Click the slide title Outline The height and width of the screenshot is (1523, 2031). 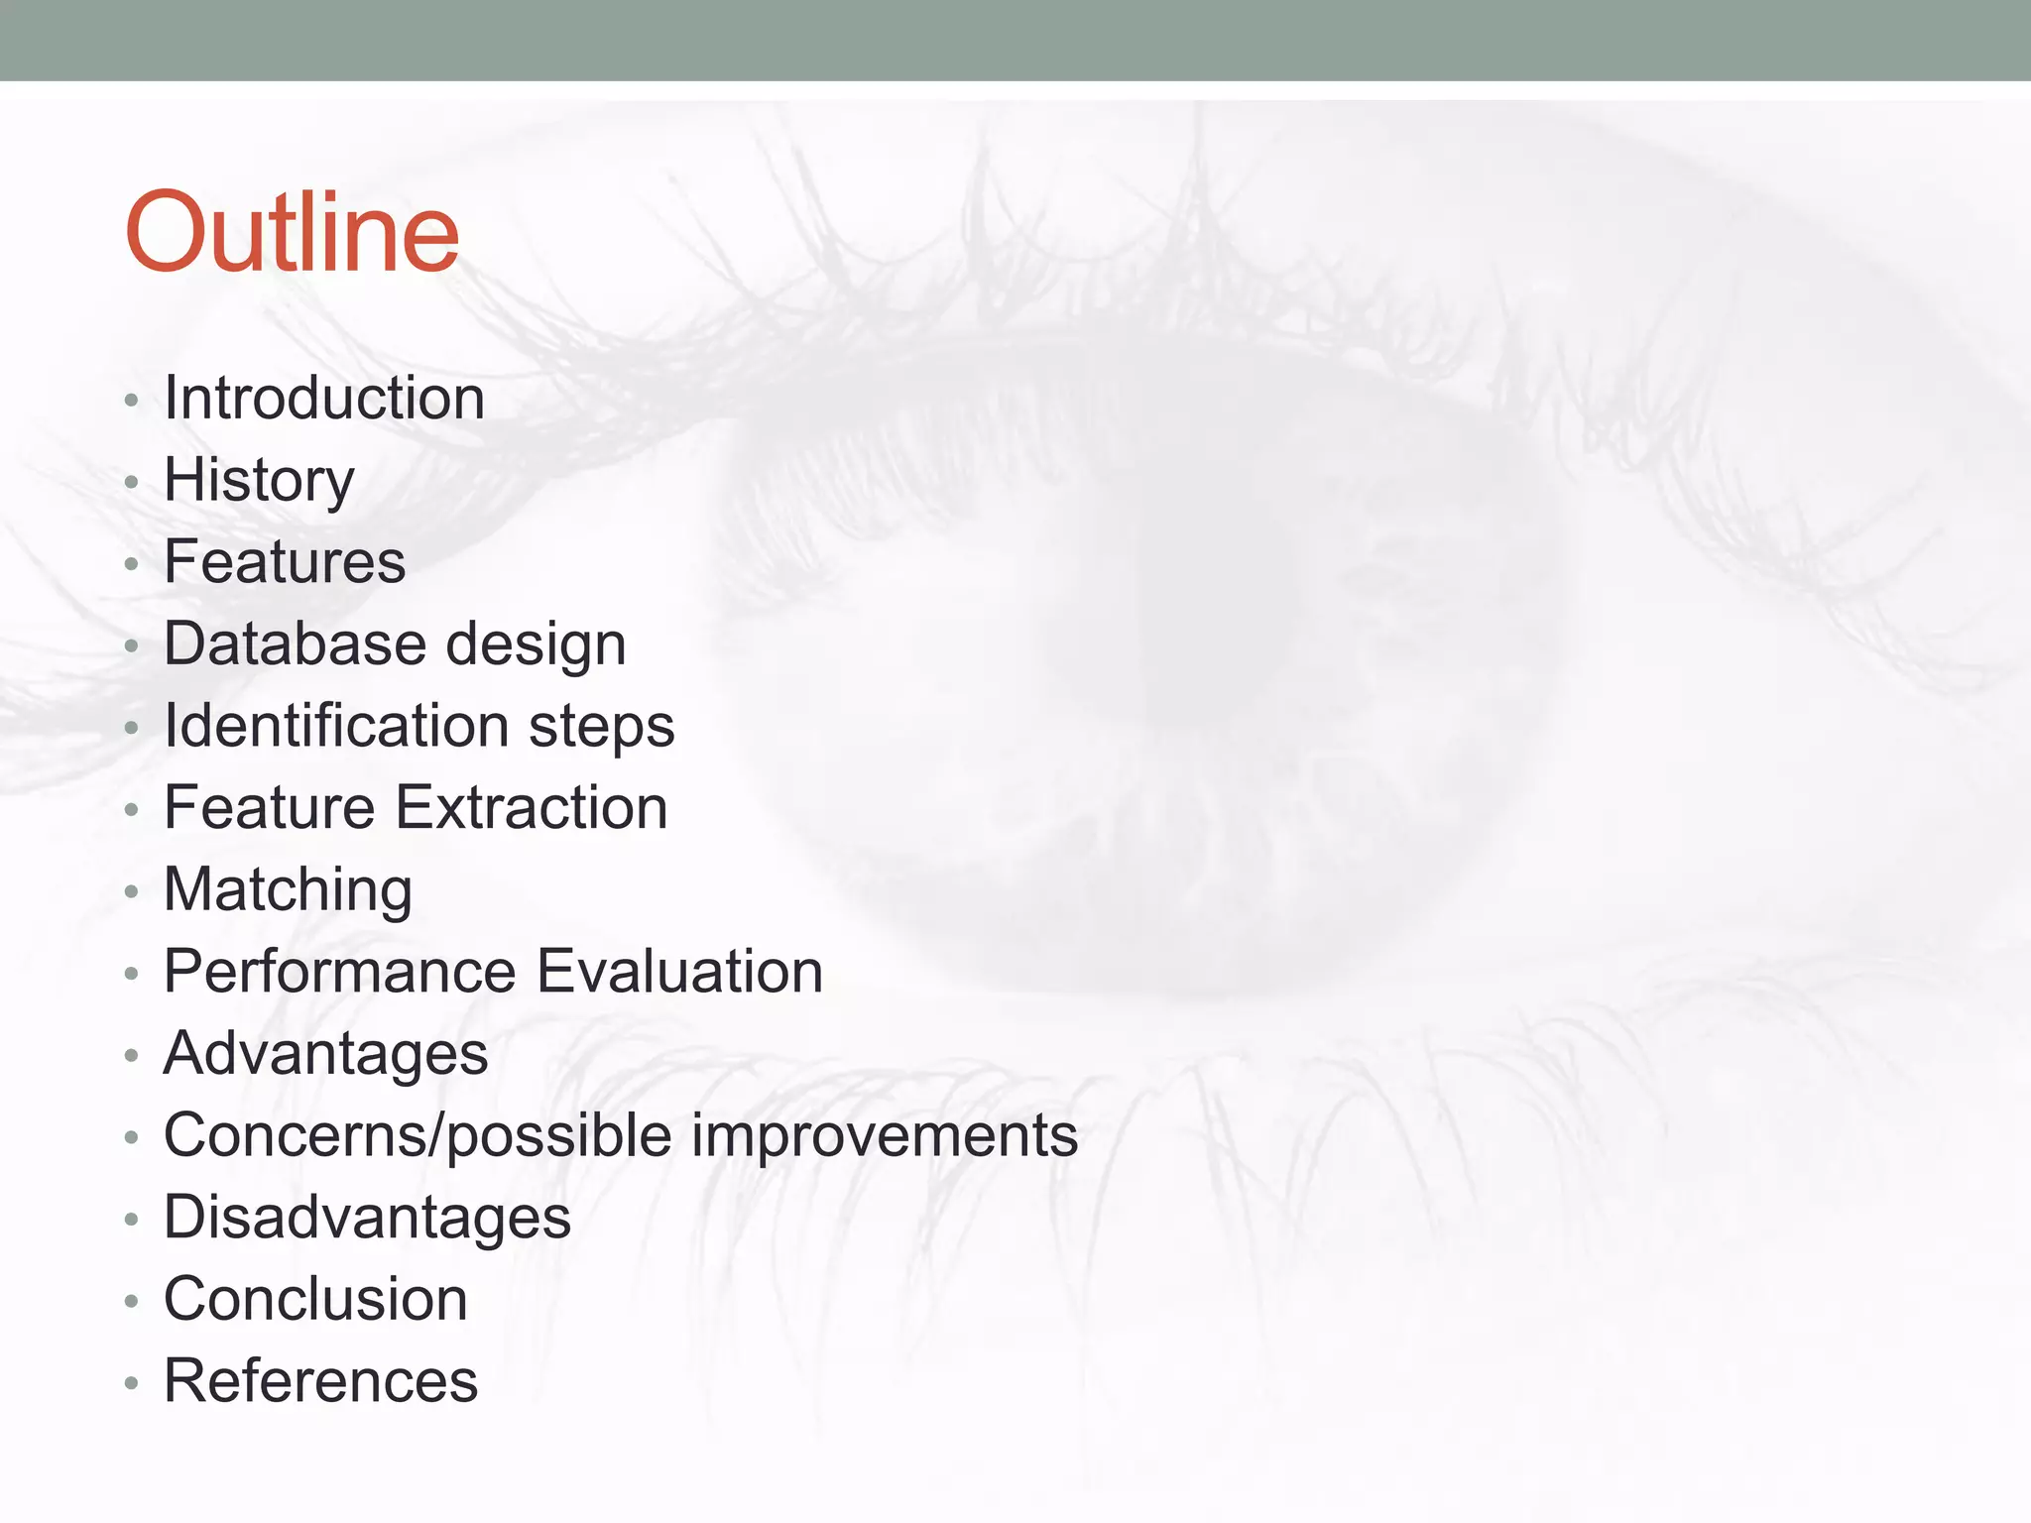click(x=292, y=233)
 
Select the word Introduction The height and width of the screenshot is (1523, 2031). click(x=324, y=399)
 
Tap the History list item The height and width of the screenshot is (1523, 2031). click(x=259, y=481)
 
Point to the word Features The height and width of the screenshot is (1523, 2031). click(x=285, y=562)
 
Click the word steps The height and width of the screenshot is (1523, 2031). click(x=602, y=728)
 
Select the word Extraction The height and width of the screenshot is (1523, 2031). click(x=532, y=807)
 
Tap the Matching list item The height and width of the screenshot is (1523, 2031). click(x=288, y=889)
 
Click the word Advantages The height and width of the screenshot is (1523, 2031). click(x=325, y=1054)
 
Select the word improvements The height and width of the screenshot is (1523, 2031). click(x=885, y=1135)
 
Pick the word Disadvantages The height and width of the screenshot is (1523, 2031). click(x=367, y=1218)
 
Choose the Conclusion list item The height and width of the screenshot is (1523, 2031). click(x=315, y=1299)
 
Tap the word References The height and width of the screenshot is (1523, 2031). click(x=320, y=1381)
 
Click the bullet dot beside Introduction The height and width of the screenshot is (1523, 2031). click(x=131, y=402)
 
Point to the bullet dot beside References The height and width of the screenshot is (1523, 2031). click(x=131, y=1383)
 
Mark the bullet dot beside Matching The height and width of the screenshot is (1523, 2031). click(x=131, y=892)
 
